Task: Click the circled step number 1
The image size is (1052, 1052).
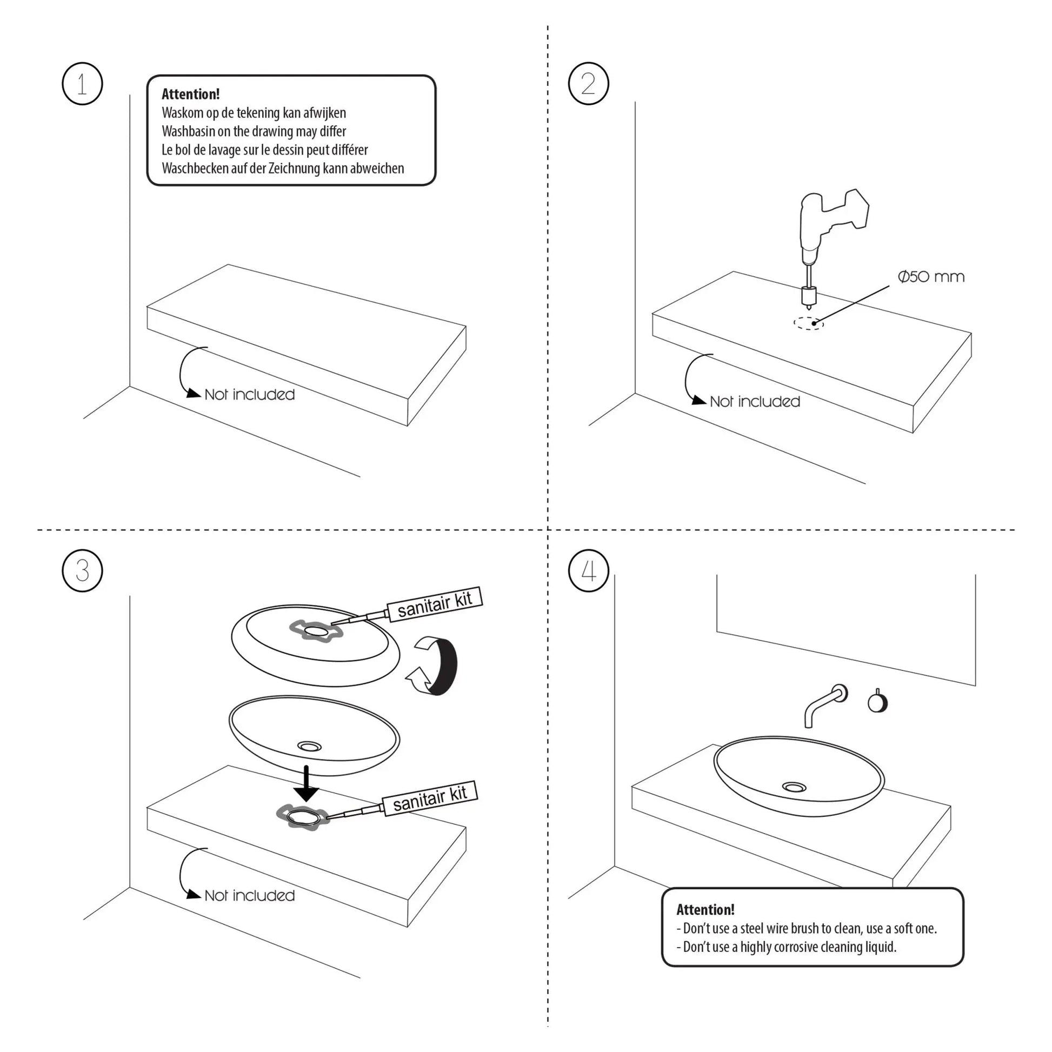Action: click(x=82, y=84)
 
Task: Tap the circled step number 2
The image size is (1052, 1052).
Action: click(x=588, y=84)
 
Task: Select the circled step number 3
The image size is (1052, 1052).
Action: click(x=82, y=571)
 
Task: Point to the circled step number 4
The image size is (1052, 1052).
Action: click(x=588, y=571)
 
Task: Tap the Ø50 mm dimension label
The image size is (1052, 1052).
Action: click(x=931, y=277)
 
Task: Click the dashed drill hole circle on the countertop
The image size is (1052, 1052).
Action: click(x=809, y=323)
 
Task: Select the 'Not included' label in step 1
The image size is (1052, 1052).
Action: click(x=249, y=395)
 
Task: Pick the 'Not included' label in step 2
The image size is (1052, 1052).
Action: click(x=755, y=402)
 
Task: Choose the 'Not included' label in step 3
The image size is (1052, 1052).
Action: click(x=249, y=896)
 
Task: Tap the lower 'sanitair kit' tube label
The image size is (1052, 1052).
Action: click(x=430, y=798)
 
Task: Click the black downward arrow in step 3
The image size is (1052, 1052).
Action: click(x=307, y=784)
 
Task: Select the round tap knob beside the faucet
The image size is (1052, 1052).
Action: click(x=877, y=702)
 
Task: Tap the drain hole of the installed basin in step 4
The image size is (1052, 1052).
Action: click(x=795, y=787)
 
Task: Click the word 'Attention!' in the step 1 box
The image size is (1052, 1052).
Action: click(x=191, y=94)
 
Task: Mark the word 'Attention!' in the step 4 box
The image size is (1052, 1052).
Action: click(x=705, y=910)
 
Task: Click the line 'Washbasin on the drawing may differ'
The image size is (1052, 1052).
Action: click(x=254, y=131)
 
